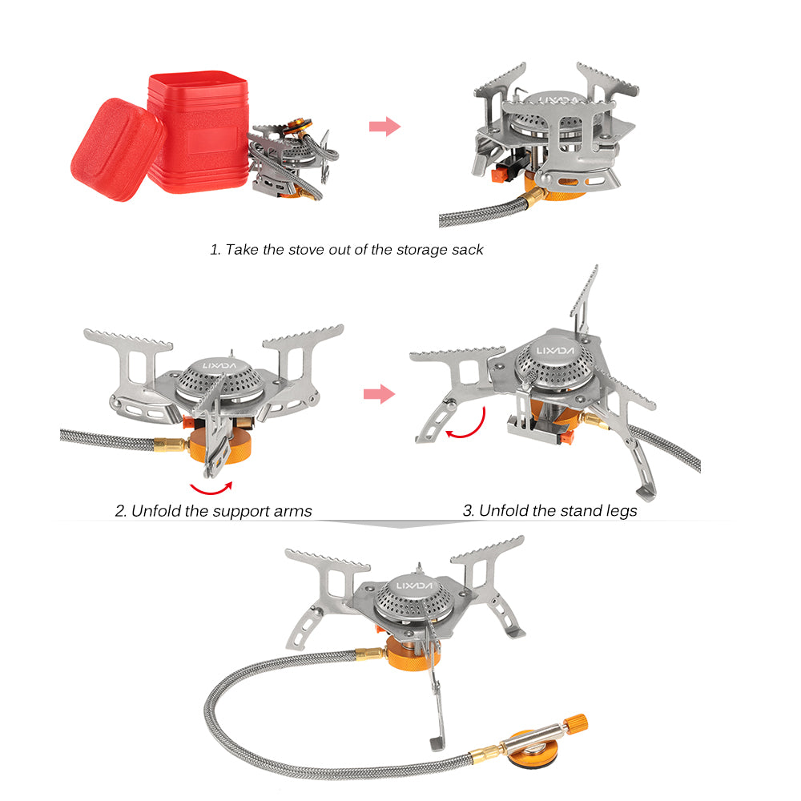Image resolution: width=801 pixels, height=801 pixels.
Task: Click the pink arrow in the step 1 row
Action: click(384, 126)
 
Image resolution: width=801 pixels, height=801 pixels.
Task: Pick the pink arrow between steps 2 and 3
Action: click(379, 393)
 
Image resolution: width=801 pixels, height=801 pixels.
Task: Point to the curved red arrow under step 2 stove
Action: click(210, 486)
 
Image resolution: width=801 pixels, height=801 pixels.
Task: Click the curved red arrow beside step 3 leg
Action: click(468, 424)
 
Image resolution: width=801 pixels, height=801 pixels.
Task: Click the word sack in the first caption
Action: click(465, 249)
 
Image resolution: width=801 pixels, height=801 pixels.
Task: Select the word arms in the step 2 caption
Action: click(290, 510)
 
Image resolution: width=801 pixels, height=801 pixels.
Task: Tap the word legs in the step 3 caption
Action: click(619, 510)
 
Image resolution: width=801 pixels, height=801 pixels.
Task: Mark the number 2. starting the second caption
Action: click(121, 510)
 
